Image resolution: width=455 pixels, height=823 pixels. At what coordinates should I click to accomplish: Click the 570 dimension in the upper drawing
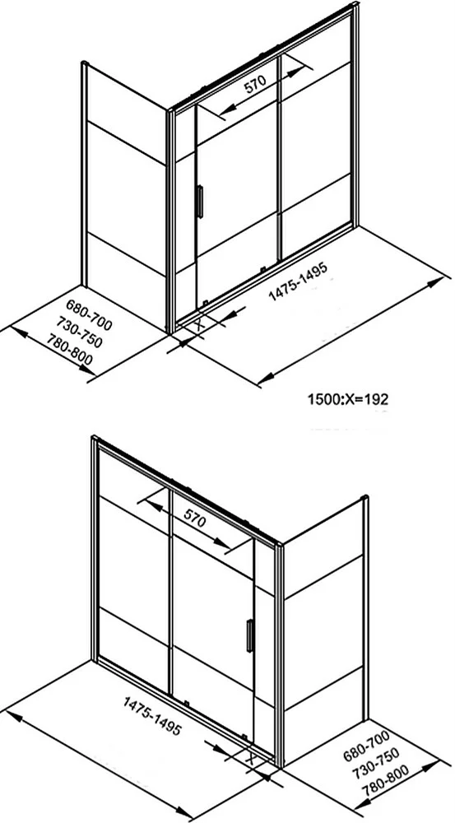click(256, 85)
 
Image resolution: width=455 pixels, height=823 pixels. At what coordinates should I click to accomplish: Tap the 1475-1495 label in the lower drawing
click(152, 716)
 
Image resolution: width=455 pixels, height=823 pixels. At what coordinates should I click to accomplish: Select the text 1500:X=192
click(347, 400)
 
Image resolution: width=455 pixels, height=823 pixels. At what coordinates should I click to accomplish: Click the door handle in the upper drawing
click(199, 202)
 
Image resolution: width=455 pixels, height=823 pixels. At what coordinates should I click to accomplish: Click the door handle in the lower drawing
click(250, 635)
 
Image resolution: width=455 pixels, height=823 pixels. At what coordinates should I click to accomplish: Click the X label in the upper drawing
click(199, 324)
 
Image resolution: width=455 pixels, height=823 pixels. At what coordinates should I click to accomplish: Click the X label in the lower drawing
click(250, 758)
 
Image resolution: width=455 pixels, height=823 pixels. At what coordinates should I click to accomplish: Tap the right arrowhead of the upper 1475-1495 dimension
click(435, 282)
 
